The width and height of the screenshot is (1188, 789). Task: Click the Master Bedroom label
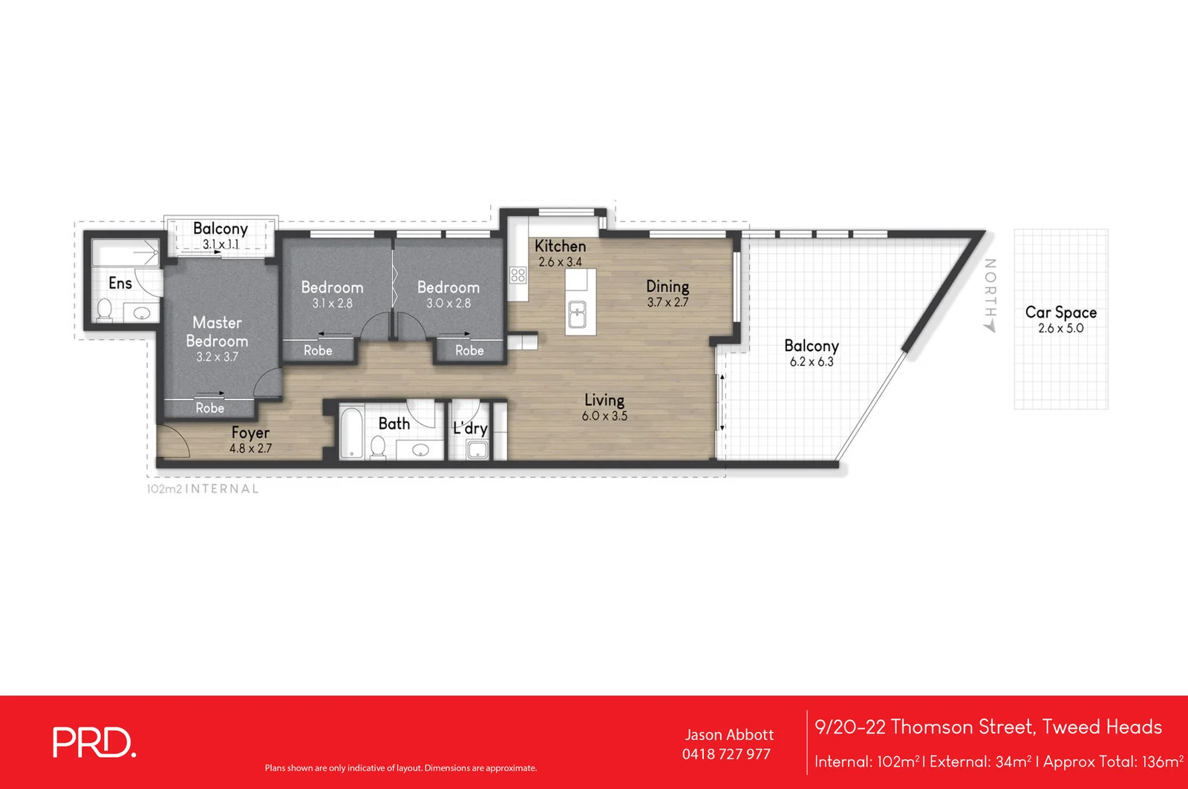[x=217, y=332]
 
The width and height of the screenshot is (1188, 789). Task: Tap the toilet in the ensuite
[x=104, y=310]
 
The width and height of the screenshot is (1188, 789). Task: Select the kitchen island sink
[x=577, y=314]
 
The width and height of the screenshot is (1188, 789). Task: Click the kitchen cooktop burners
[x=518, y=275]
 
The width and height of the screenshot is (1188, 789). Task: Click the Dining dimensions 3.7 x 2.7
[x=668, y=303]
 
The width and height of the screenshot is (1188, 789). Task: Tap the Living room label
[x=604, y=400]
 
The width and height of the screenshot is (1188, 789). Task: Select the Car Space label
[x=1060, y=312]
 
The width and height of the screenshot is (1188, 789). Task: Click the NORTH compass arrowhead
[x=990, y=327]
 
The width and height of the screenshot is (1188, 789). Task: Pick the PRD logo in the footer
[x=94, y=743]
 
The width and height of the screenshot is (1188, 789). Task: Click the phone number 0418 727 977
[x=726, y=754]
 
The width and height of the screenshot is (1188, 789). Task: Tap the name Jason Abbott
[x=728, y=735]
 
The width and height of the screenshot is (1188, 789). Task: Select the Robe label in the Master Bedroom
[x=210, y=408]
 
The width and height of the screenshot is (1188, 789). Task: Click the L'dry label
[x=470, y=428]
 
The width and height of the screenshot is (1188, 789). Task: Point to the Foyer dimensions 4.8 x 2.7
[x=250, y=448]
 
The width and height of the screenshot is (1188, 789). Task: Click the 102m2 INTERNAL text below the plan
[x=203, y=489]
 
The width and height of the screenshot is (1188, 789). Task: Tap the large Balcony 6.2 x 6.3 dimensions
[x=811, y=362]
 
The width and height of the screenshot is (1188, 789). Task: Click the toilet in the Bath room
[x=378, y=446]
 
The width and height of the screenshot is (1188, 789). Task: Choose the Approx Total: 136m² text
[x=1113, y=762]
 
